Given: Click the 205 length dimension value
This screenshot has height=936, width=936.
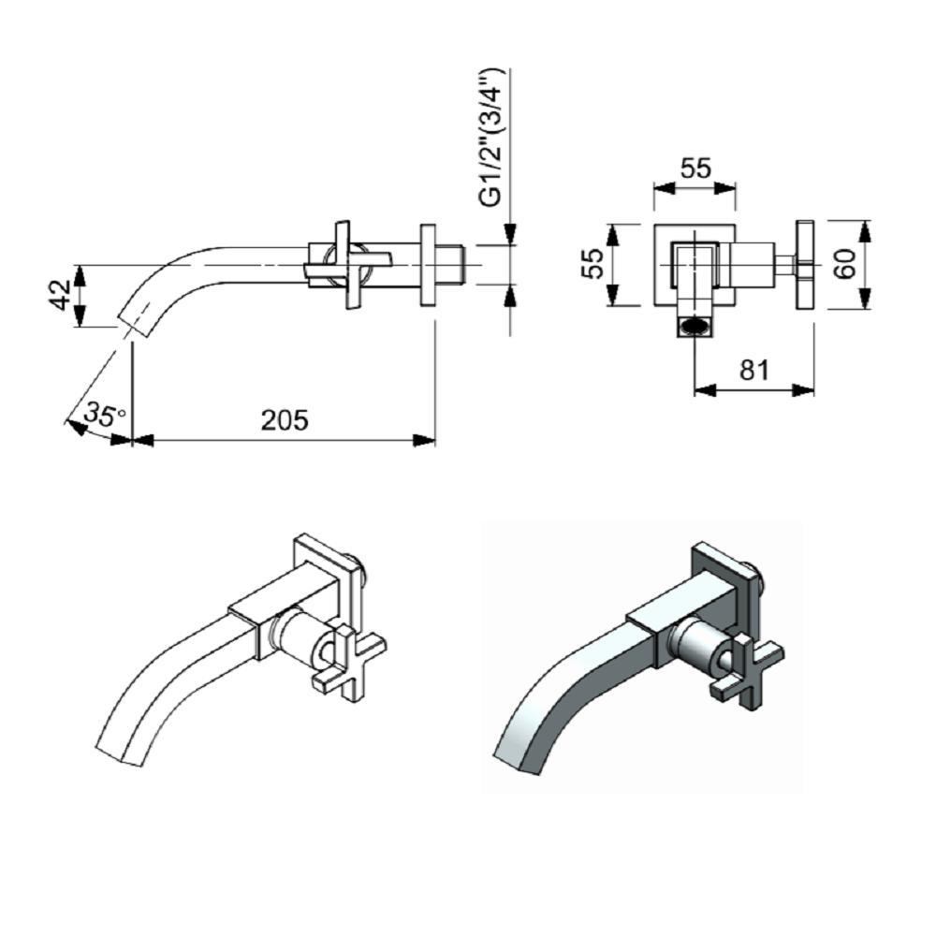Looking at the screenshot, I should (x=284, y=419).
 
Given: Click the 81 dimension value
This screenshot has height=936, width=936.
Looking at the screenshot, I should (x=754, y=370).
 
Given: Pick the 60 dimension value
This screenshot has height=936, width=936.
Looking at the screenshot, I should (x=845, y=264).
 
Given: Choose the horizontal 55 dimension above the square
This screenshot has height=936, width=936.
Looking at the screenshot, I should (x=695, y=168).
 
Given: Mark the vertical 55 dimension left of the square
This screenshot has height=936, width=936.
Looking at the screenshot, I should (x=591, y=265).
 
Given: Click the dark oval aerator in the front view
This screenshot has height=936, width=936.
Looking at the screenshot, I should (x=694, y=327).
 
